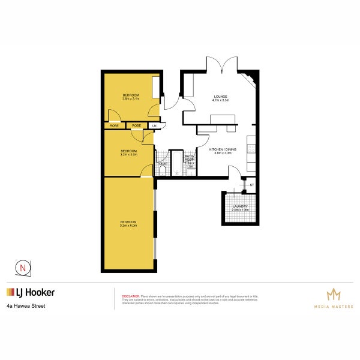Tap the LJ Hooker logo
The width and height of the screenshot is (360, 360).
pyautogui.click(x=31, y=293)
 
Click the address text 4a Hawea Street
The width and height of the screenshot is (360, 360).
pyautogui.click(x=26, y=306)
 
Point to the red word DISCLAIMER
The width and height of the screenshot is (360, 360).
pyautogui.click(x=131, y=296)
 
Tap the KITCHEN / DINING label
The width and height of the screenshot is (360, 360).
pyautogui.click(x=220, y=151)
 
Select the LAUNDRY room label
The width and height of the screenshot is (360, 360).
pyautogui.click(x=240, y=208)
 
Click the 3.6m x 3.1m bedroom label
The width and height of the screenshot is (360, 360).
pyautogui.click(x=131, y=97)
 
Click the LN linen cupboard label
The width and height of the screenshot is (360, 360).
pyautogui.click(x=154, y=125)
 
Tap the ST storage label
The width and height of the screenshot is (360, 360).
pyautogui.click(x=252, y=185)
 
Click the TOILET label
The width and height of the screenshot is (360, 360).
pyautogui.click(x=161, y=163)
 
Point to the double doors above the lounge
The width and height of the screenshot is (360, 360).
pyautogui.click(x=218, y=64)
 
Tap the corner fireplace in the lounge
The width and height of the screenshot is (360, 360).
pyautogui.click(x=251, y=80)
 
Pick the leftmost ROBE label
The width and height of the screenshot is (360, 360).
pyautogui.click(x=114, y=125)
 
